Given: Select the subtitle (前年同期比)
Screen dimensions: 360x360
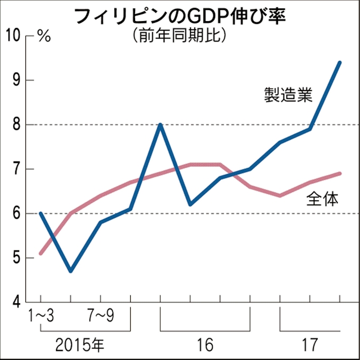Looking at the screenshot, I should click(x=180, y=35).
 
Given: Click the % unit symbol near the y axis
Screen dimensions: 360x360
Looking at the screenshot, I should click(x=44, y=37).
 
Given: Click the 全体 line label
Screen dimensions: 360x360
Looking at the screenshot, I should click(x=323, y=199).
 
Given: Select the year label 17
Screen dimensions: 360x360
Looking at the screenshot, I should click(x=310, y=345).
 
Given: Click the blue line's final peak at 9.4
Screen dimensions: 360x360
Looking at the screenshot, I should click(x=339, y=62).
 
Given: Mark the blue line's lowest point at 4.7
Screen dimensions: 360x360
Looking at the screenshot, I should click(x=70, y=271).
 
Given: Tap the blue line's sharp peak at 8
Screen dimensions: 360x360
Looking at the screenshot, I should click(x=160, y=125).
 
